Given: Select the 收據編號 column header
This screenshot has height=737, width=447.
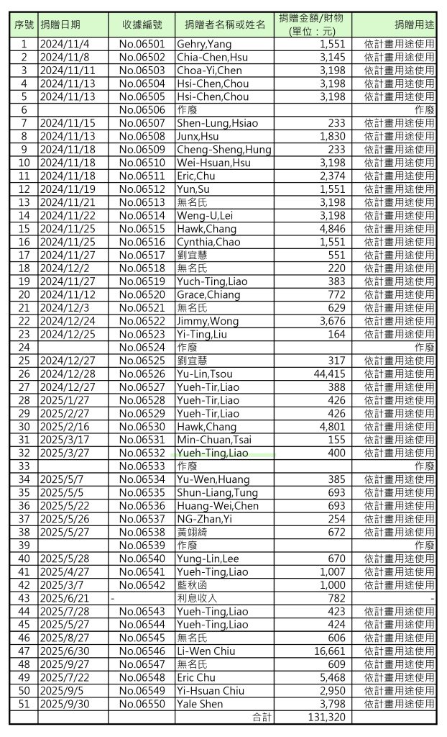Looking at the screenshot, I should (142, 24).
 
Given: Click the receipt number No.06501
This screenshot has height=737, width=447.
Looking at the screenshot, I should (142, 45).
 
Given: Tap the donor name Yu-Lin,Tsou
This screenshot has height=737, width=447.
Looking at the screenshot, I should (207, 374).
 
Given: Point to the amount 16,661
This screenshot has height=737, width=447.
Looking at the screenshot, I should (331, 651).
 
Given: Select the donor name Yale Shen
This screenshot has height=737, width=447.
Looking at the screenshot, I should (200, 704).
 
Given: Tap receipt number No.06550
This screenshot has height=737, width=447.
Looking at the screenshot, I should (142, 704).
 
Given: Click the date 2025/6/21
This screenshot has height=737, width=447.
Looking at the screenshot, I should (63, 598).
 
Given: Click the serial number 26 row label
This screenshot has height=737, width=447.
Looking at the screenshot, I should (24, 374).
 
